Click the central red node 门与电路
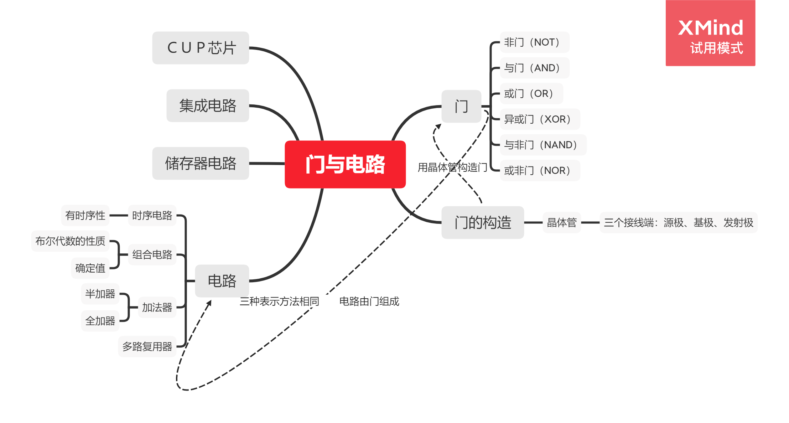[x=345, y=164]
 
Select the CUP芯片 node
[x=201, y=48]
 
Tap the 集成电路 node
[x=208, y=105]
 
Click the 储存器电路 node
[x=201, y=163]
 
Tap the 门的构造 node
[x=482, y=222]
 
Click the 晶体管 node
[x=561, y=222]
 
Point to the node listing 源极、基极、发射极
[x=678, y=222]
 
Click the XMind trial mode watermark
[x=710, y=33]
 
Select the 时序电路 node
[x=152, y=215]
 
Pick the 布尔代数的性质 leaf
[x=70, y=241]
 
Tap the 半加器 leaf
[x=100, y=294]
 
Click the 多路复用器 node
[x=147, y=346]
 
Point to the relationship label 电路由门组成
[x=369, y=301]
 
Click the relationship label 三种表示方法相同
[x=279, y=301]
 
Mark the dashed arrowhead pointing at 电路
[x=209, y=303]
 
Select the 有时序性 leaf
[x=85, y=215]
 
